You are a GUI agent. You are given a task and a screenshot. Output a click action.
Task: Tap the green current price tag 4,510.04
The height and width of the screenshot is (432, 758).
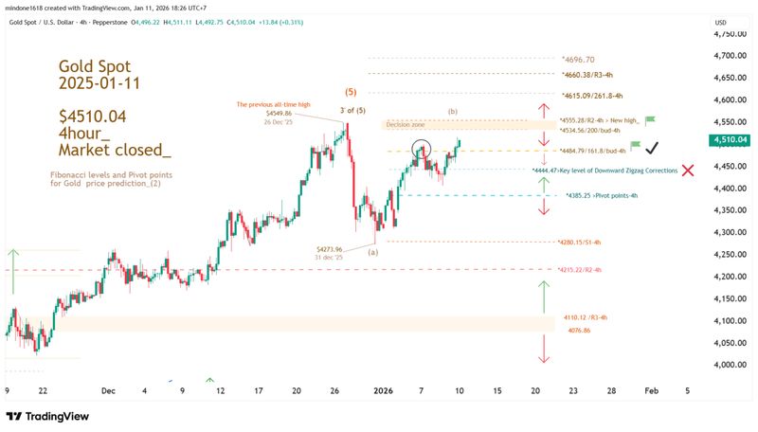pos(731,139)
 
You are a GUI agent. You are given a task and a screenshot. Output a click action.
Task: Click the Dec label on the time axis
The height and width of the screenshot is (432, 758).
pos(106,390)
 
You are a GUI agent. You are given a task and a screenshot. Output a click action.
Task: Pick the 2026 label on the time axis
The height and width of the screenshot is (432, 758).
pos(384,390)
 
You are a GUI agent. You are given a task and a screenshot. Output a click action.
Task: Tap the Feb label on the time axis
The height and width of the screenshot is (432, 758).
pos(650,390)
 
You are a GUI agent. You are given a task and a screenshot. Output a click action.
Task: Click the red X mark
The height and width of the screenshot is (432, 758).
pos(688,170)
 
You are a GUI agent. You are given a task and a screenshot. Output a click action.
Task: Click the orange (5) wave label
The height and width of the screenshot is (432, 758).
pos(349,93)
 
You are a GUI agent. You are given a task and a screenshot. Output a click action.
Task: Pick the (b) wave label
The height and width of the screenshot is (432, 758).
pos(452,112)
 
